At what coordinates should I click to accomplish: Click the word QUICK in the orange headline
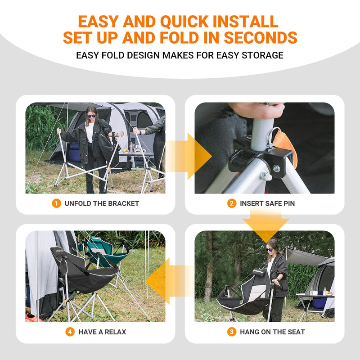(x=184, y=22)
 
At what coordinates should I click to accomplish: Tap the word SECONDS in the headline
(x=261, y=38)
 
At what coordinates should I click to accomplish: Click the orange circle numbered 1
(x=57, y=203)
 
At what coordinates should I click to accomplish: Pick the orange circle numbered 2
(x=232, y=203)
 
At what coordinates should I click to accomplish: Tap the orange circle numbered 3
(x=232, y=332)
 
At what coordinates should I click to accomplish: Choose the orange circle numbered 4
(x=70, y=332)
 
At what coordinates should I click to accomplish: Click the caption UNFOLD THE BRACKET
(x=102, y=203)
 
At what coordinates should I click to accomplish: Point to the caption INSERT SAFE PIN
(x=267, y=203)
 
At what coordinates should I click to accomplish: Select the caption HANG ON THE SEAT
(x=272, y=332)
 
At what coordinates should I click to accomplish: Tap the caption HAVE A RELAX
(x=102, y=332)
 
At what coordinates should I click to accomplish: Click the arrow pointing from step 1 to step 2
(x=188, y=156)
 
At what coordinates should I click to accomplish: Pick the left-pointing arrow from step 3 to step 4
(x=170, y=280)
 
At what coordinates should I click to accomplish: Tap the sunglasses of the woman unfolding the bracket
(x=92, y=116)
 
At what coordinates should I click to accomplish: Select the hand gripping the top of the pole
(x=257, y=110)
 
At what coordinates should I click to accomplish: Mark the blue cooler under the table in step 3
(x=319, y=300)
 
